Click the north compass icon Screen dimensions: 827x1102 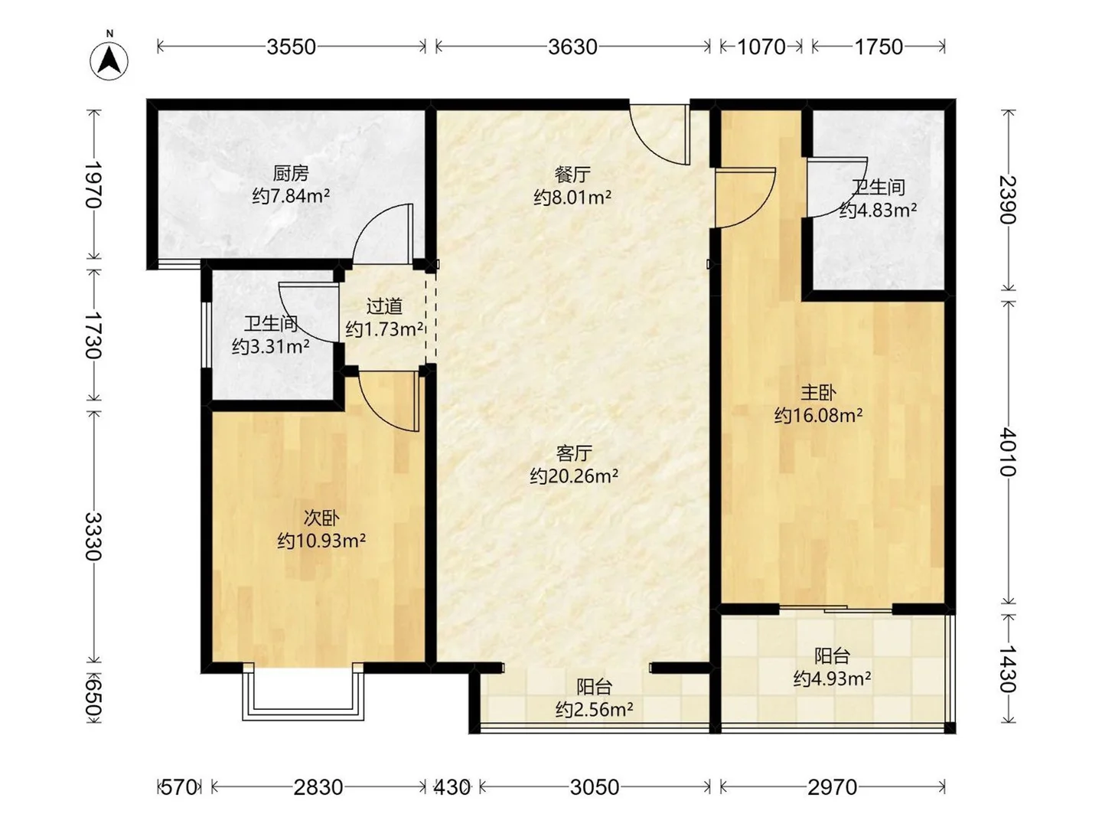pos(109,60)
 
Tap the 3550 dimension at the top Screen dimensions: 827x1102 pos(291,47)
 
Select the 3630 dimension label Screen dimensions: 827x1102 pos(572,47)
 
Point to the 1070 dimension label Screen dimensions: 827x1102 pos(761,47)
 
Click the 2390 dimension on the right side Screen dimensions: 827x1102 pos(1008,200)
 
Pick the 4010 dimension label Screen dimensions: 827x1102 pos(1008,452)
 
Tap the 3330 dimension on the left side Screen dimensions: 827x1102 pos(93,536)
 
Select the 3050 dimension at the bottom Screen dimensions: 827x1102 pos(595,786)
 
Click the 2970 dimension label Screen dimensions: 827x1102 pos(832,786)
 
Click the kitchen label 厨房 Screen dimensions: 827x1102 pos(291,174)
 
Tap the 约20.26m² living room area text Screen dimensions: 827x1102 pos(574,476)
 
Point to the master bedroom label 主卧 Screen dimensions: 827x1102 pos(818,393)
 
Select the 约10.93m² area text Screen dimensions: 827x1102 pos(321,541)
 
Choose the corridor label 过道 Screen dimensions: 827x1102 pos(384,306)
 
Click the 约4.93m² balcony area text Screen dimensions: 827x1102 pos(832,678)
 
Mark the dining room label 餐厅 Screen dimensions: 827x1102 pos(572,175)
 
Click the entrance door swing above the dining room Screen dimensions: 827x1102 pos(663,135)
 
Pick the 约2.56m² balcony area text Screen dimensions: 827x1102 pos(594,710)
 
